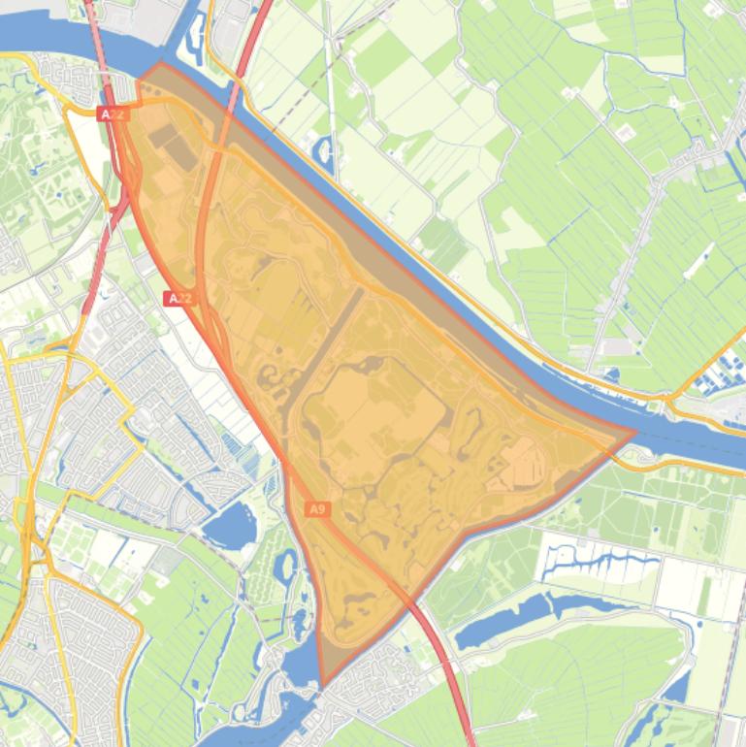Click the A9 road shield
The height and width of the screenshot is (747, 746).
pos(317,508)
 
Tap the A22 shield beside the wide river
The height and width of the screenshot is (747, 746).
pos(113,114)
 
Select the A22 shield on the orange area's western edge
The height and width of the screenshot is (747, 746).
pos(178,299)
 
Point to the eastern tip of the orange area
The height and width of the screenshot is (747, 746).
pos(635,432)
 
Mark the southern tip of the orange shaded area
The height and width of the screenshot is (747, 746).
pos(321,685)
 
